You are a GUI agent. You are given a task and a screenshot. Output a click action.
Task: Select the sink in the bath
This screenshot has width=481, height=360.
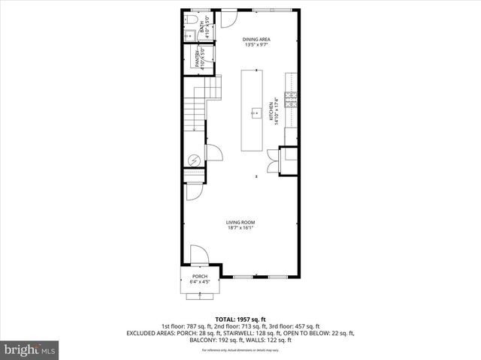189,34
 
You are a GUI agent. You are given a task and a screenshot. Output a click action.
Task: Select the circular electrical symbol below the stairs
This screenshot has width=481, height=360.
192,160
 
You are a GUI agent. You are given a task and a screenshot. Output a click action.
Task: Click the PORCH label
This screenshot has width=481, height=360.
200,276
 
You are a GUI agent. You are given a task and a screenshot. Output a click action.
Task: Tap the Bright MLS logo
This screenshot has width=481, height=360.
30,349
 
